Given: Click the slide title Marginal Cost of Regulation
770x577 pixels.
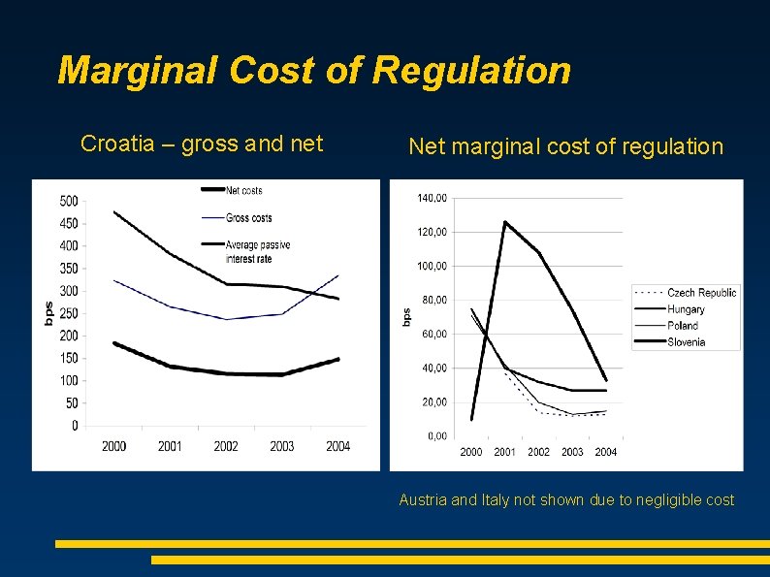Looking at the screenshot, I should coord(314,71).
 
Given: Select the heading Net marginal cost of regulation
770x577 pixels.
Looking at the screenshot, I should coord(565,146).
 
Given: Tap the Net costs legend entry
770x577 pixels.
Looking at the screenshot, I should coord(243,190).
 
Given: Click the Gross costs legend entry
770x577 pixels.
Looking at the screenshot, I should coord(248,218).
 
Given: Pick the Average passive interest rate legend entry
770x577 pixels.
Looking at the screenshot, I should coord(257,251).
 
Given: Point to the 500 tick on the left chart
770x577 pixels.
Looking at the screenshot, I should coord(69,202).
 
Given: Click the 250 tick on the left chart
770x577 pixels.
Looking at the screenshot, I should coord(69,314).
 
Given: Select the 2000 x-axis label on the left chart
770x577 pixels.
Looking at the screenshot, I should coord(113,446).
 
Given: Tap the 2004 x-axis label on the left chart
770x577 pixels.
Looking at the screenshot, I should coord(337,446).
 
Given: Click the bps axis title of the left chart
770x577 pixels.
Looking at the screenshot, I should coord(48,312).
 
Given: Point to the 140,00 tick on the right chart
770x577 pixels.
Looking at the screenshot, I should coord(432,198).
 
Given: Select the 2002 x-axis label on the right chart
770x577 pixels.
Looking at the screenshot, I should coord(538,452).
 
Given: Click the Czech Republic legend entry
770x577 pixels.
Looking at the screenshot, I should coord(701,293).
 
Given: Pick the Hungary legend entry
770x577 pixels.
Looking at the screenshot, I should coord(686,309).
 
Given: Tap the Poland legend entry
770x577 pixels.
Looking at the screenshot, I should coord(683,326).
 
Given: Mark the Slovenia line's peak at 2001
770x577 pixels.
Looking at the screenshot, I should coord(505,222).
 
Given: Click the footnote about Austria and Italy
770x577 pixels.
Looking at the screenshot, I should coord(566,500).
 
